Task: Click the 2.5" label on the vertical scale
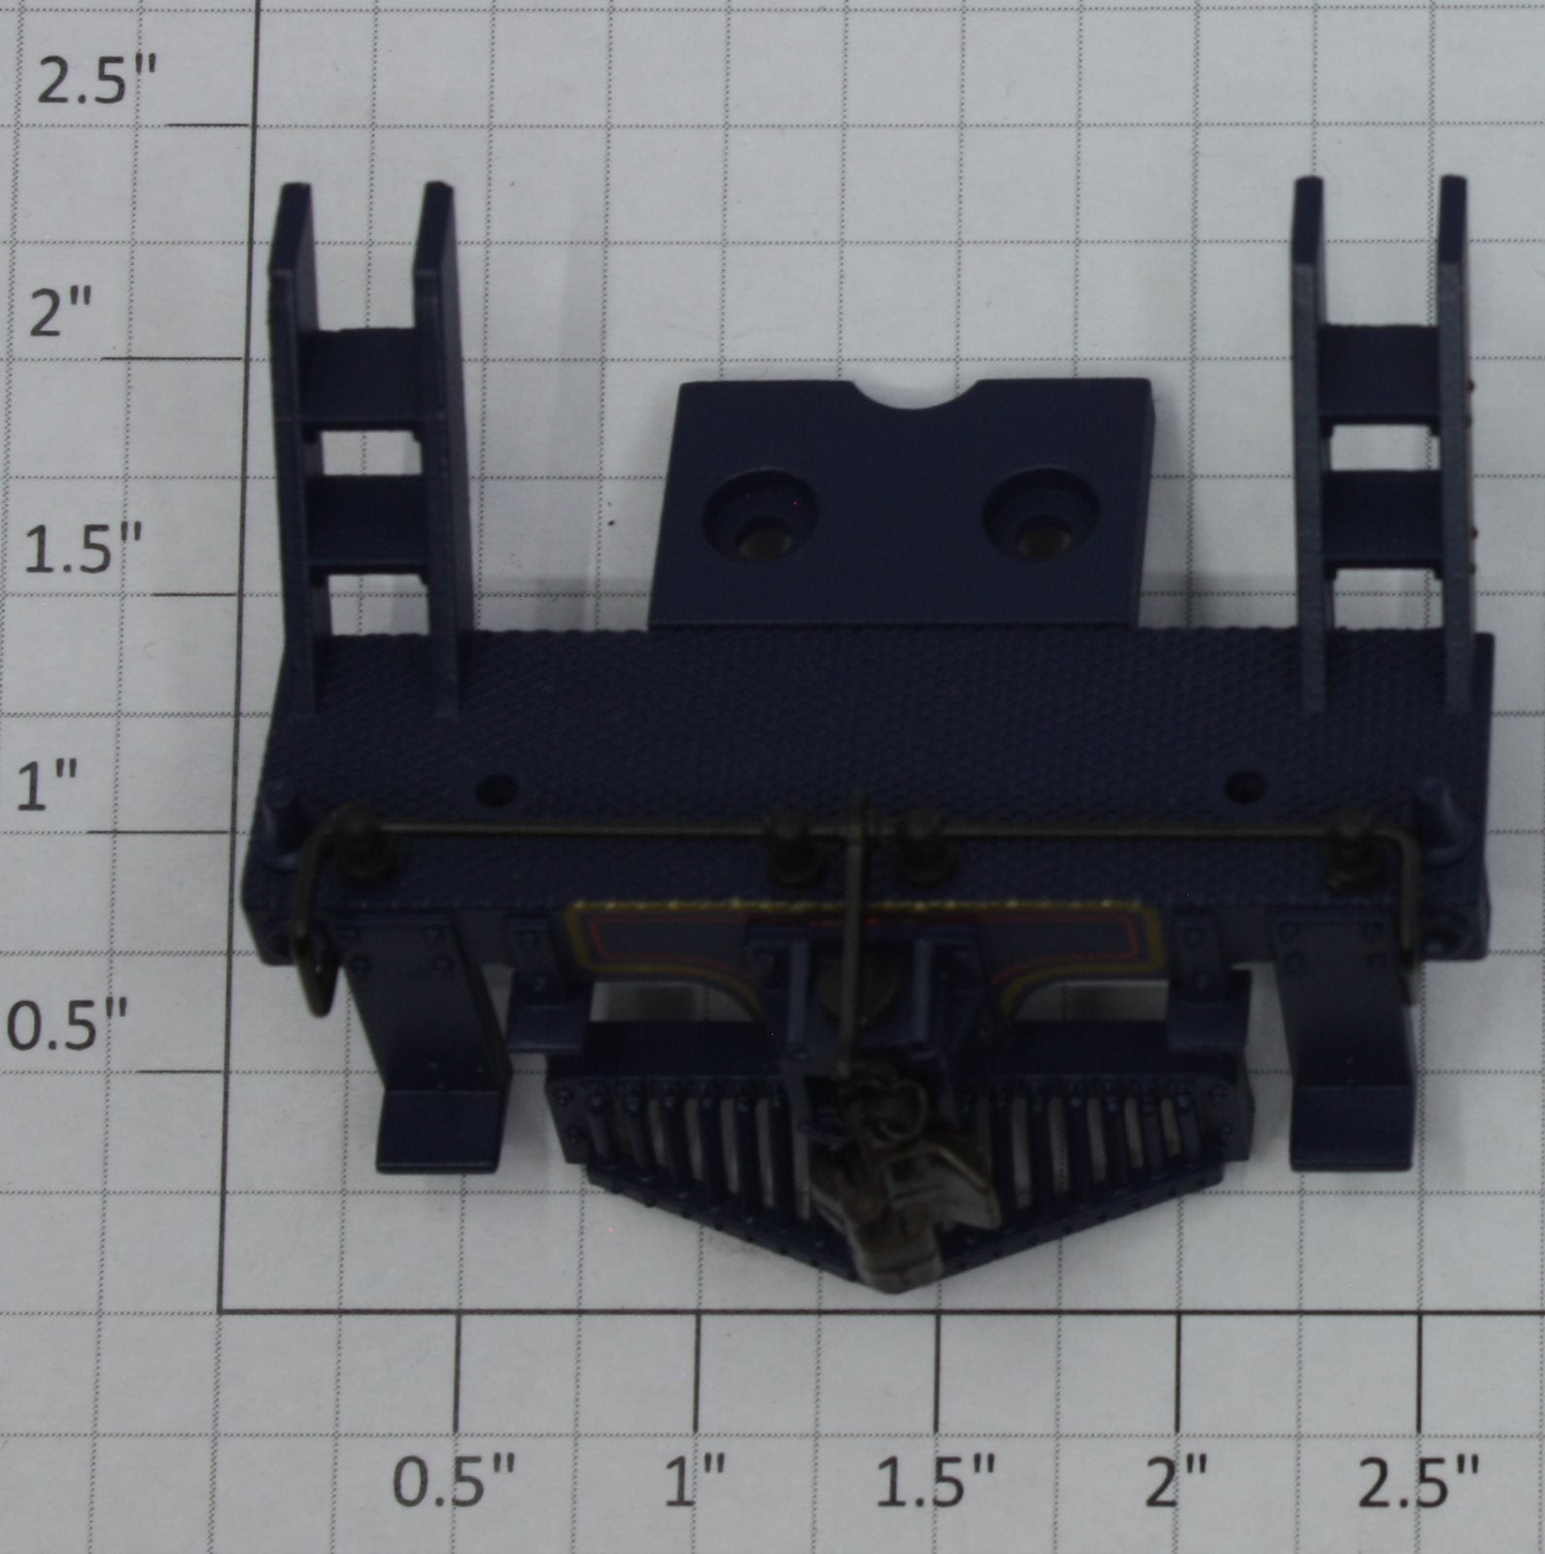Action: coord(95,82)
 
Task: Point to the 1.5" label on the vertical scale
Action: coord(82,549)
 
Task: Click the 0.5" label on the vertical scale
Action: coord(68,1026)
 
